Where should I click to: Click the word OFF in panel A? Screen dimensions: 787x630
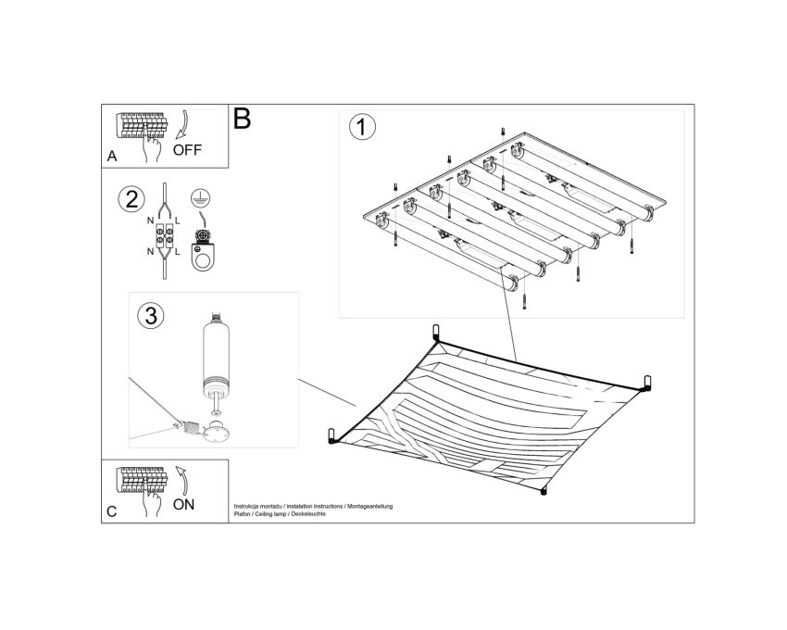187,150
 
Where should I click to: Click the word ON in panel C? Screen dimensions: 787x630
183,504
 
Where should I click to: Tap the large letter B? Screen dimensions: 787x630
242,120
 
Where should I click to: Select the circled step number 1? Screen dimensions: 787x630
362,127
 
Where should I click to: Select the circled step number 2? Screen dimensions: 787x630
131,199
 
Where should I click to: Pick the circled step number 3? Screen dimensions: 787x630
151,316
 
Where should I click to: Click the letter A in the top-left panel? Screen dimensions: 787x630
112,157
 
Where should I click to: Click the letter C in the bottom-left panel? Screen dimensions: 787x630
112,511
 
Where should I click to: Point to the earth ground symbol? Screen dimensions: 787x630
200,197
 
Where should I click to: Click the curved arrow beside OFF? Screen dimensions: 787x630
182,124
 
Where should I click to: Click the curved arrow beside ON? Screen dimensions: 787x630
181,480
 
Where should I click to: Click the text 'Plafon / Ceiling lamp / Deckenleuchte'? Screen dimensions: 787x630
280,514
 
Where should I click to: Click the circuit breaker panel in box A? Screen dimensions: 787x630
141,125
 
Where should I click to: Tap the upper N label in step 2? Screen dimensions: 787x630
150,220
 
